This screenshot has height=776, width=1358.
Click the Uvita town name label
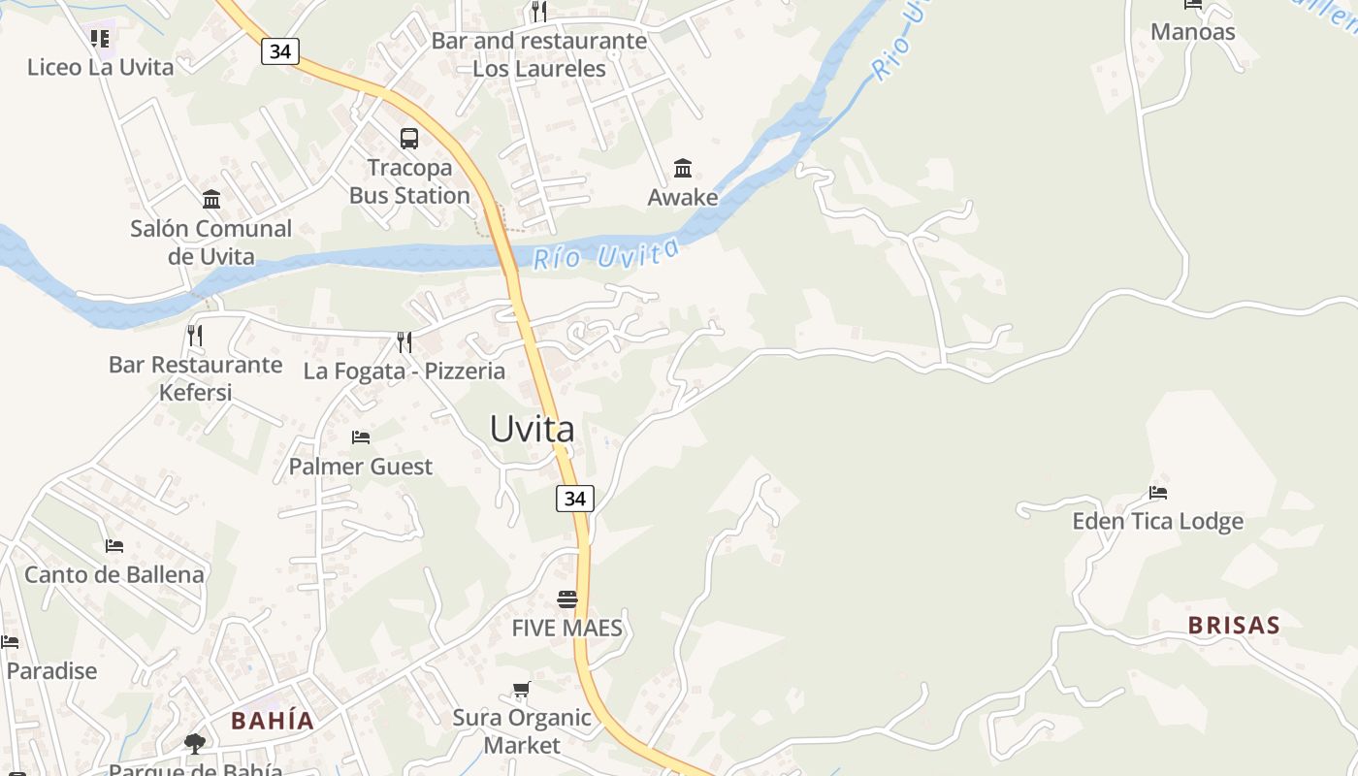click(532, 429)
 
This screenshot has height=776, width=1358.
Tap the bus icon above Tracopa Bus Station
click(409, 139)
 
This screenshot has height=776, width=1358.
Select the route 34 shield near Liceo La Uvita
click(279, 51)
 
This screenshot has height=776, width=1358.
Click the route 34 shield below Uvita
click(575, 499)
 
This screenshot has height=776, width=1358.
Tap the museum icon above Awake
click(683, 169)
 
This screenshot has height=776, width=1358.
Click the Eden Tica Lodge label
click(1157, 522)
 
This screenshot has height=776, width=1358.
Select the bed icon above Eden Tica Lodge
click(1157, 493)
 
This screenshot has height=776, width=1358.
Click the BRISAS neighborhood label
click(1234, 626)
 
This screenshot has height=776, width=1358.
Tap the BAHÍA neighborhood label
click(273, 721)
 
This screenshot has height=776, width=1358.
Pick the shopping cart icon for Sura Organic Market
click(522, 690)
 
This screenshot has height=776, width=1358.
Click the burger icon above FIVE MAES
click(567, 599)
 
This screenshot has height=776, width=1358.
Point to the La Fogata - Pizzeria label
click(404, 371)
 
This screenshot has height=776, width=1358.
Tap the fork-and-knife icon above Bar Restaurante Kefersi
click(195, 336)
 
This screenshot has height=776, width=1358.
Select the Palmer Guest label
click(361, 467)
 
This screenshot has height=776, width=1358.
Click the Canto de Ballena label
click(114, 574)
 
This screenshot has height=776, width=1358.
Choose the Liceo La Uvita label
click(101, 67)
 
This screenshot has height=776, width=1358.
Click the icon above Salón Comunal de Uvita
click(211, 200)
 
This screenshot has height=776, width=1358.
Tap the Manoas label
click(1193, 32)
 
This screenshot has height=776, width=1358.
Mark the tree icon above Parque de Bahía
click(195, 744)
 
